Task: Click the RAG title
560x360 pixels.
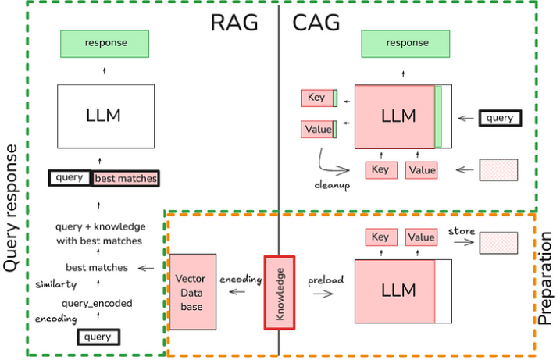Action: [x=234, y=23]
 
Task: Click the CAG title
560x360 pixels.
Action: [x=316, y=23]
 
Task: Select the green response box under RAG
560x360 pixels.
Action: [x=105, y=44]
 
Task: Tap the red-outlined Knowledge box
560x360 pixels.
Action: [x=280, y=293]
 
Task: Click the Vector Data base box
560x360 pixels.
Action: [x=193, y=292]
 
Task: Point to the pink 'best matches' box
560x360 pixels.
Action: [x=126, y=179]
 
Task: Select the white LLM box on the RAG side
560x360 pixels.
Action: [x=106, y=116]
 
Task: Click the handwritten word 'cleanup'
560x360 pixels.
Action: [x=332, y=185]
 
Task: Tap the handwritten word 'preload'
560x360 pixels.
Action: [x=326, y=280]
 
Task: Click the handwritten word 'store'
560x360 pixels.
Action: [x=462, y=231]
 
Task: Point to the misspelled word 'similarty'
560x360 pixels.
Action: [x=56, y=284]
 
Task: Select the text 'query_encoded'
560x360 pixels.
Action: [x=97, y=304]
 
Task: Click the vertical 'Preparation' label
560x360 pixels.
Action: [x=545, y=278]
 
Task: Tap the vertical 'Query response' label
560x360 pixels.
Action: [x=10, y=209]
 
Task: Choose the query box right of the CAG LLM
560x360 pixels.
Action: [x=500, y=118]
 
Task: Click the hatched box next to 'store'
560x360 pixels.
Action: [x=498, y=243]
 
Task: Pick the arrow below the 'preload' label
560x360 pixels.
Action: [x=323, y=294]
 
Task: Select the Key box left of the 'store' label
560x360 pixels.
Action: [x=381, y=237]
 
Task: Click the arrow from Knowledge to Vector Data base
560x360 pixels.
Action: [x=237, y=292]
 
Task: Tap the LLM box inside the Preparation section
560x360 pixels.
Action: [x=403, y=291]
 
